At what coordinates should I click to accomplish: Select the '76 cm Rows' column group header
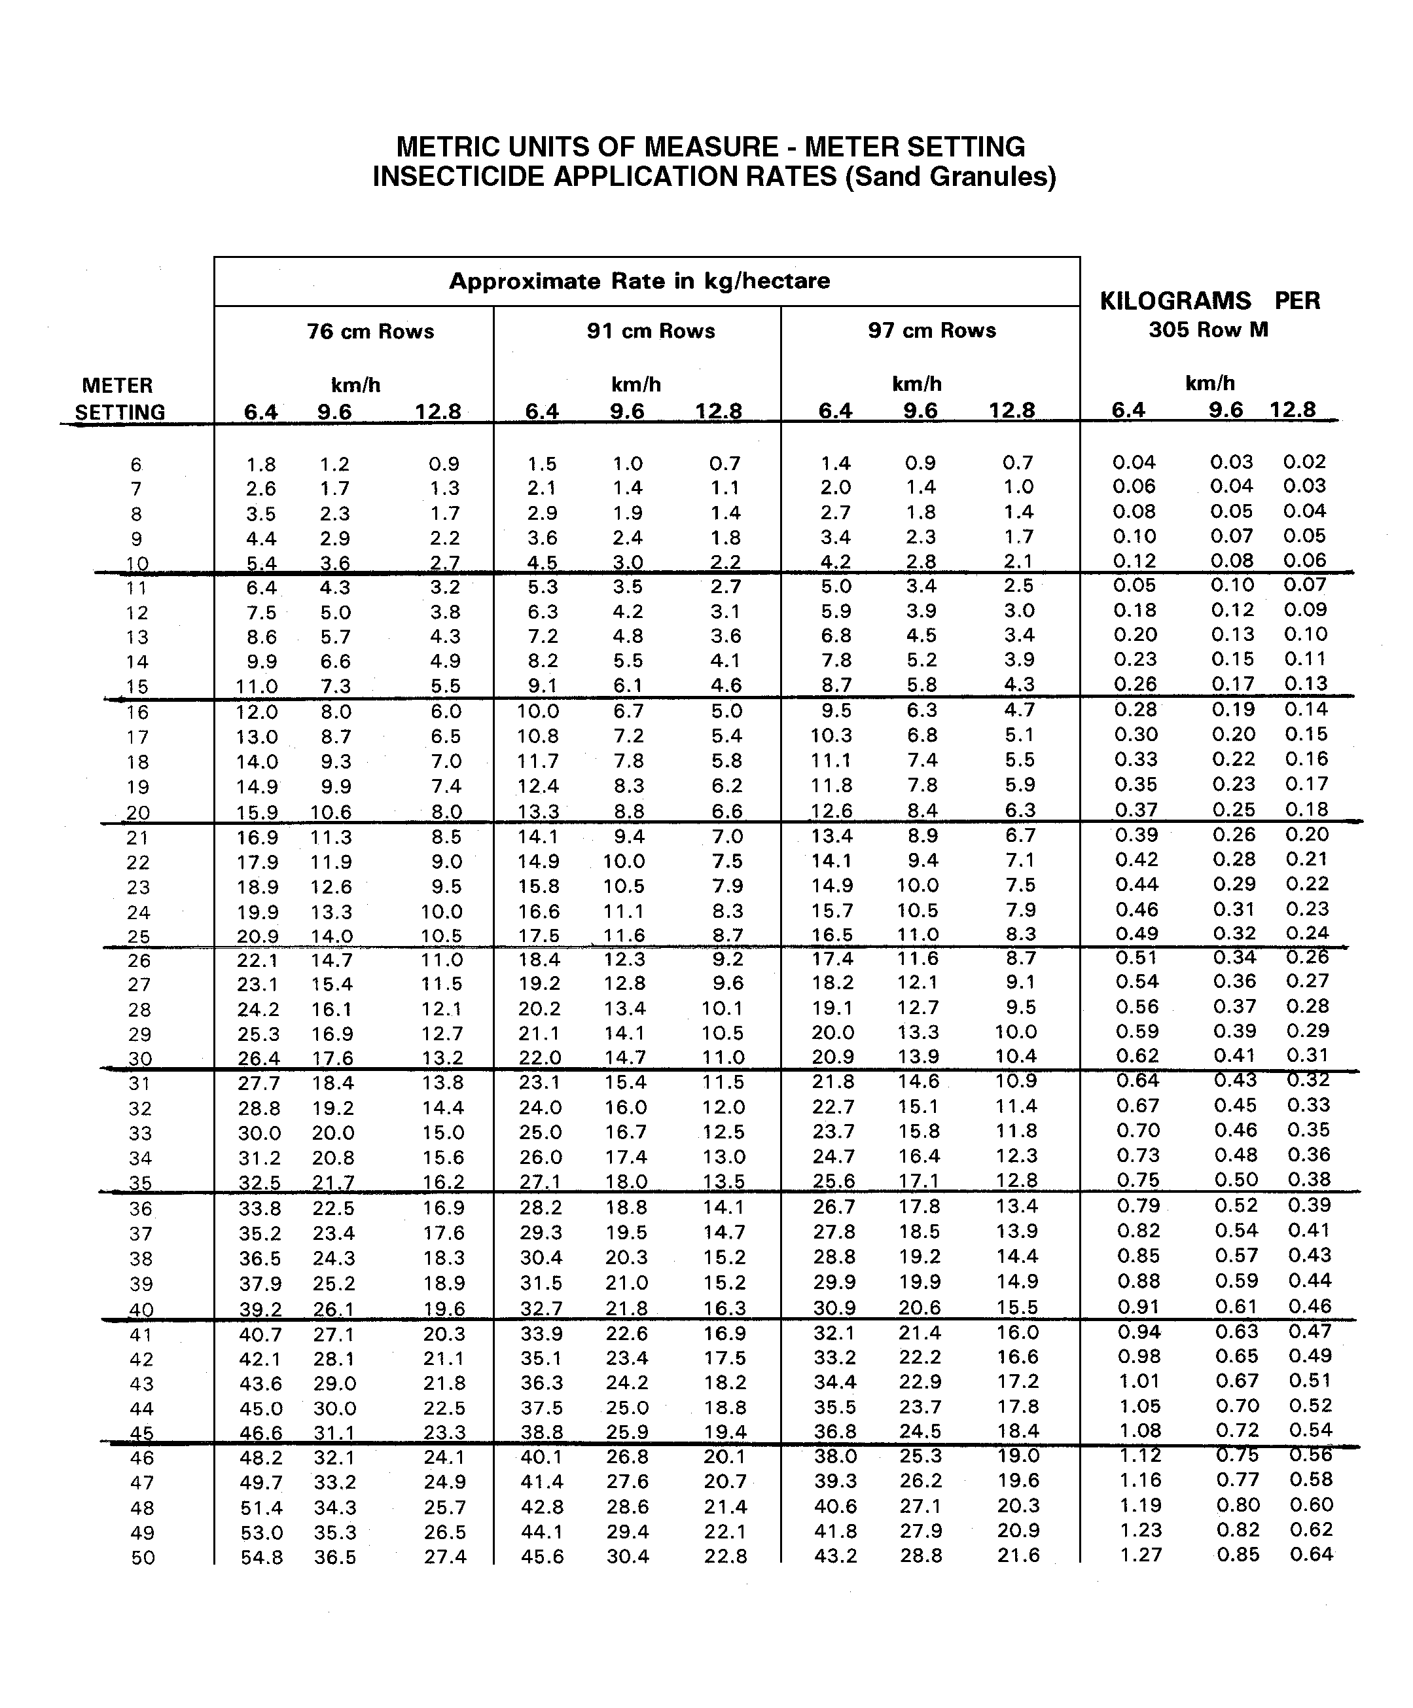click(370, 332)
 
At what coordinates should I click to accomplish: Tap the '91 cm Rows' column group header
click(651, 331)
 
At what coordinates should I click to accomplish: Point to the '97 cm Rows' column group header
click(932, 330)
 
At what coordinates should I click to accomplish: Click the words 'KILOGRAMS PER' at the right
click(1209, 301)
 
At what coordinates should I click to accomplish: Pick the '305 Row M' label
click(1208, 329)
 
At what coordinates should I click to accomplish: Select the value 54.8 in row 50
click(261, 1557)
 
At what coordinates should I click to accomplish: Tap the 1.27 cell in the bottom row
click(1140, 1554)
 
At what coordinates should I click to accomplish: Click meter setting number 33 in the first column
click(140, 1133)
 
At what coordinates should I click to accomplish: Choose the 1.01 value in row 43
click(1139, 1381)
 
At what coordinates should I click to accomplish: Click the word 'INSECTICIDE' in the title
click(459, 177)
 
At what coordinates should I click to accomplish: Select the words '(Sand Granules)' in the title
click(950, 177)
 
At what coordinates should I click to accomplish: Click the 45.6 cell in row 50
click(541, 1556)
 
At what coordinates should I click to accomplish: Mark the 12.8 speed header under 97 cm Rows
click(1011, 410)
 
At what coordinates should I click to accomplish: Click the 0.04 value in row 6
click(1134, 462)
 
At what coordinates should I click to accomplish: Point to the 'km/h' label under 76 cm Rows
click(355, 385)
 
